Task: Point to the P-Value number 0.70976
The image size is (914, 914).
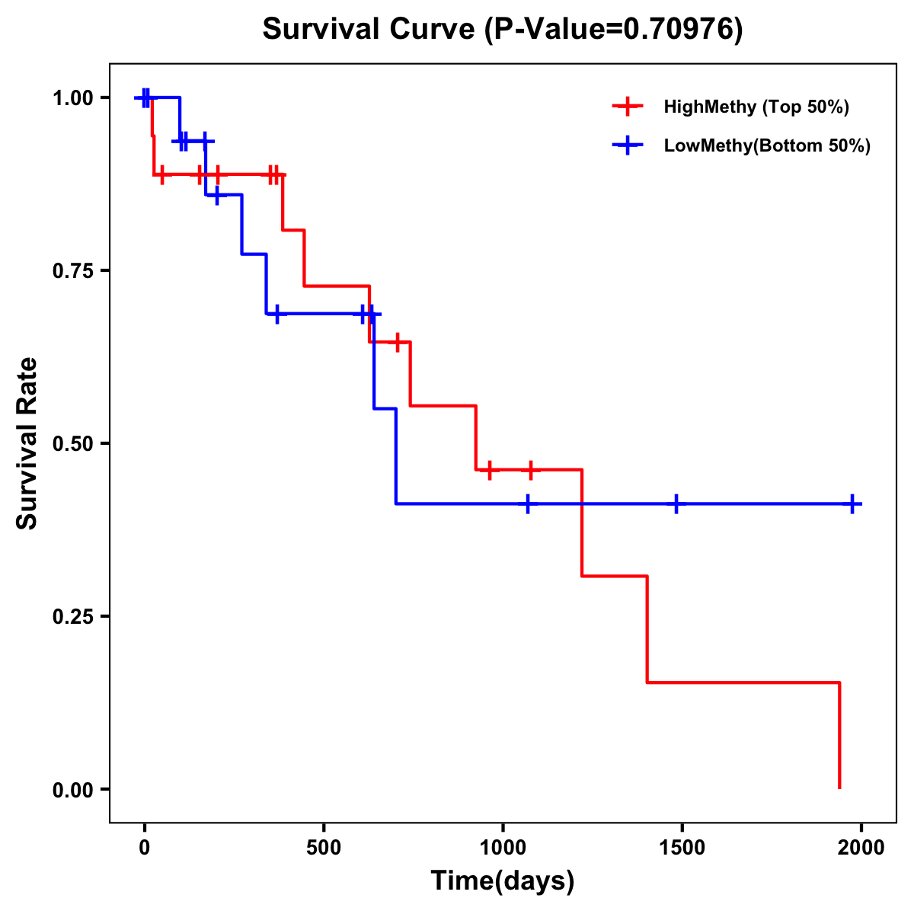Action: (x=679, y=29)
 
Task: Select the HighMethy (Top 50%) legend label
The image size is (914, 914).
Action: (x=756, y=107)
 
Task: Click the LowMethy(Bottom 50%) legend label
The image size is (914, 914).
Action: (x=766, y=145)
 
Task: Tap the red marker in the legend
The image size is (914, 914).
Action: (x=627, y=107)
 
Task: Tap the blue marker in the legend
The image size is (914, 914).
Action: (x=627, y=145)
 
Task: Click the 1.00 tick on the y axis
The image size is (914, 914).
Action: (x=72, y=97)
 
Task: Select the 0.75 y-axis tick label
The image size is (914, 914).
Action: (x=72, y=270)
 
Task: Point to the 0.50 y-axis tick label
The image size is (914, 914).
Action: (x=72, y=443)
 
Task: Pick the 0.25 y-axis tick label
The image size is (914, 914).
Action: (x=72, y=616)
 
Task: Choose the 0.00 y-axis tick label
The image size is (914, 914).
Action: (x=72, y=789)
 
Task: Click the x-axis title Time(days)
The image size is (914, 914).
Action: (x=503, y=881)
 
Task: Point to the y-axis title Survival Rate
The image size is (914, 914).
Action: (x=27, y=443)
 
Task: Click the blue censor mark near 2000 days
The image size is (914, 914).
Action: (x=852, y=503)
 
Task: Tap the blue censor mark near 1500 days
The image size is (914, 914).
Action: (x=676, y=503)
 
